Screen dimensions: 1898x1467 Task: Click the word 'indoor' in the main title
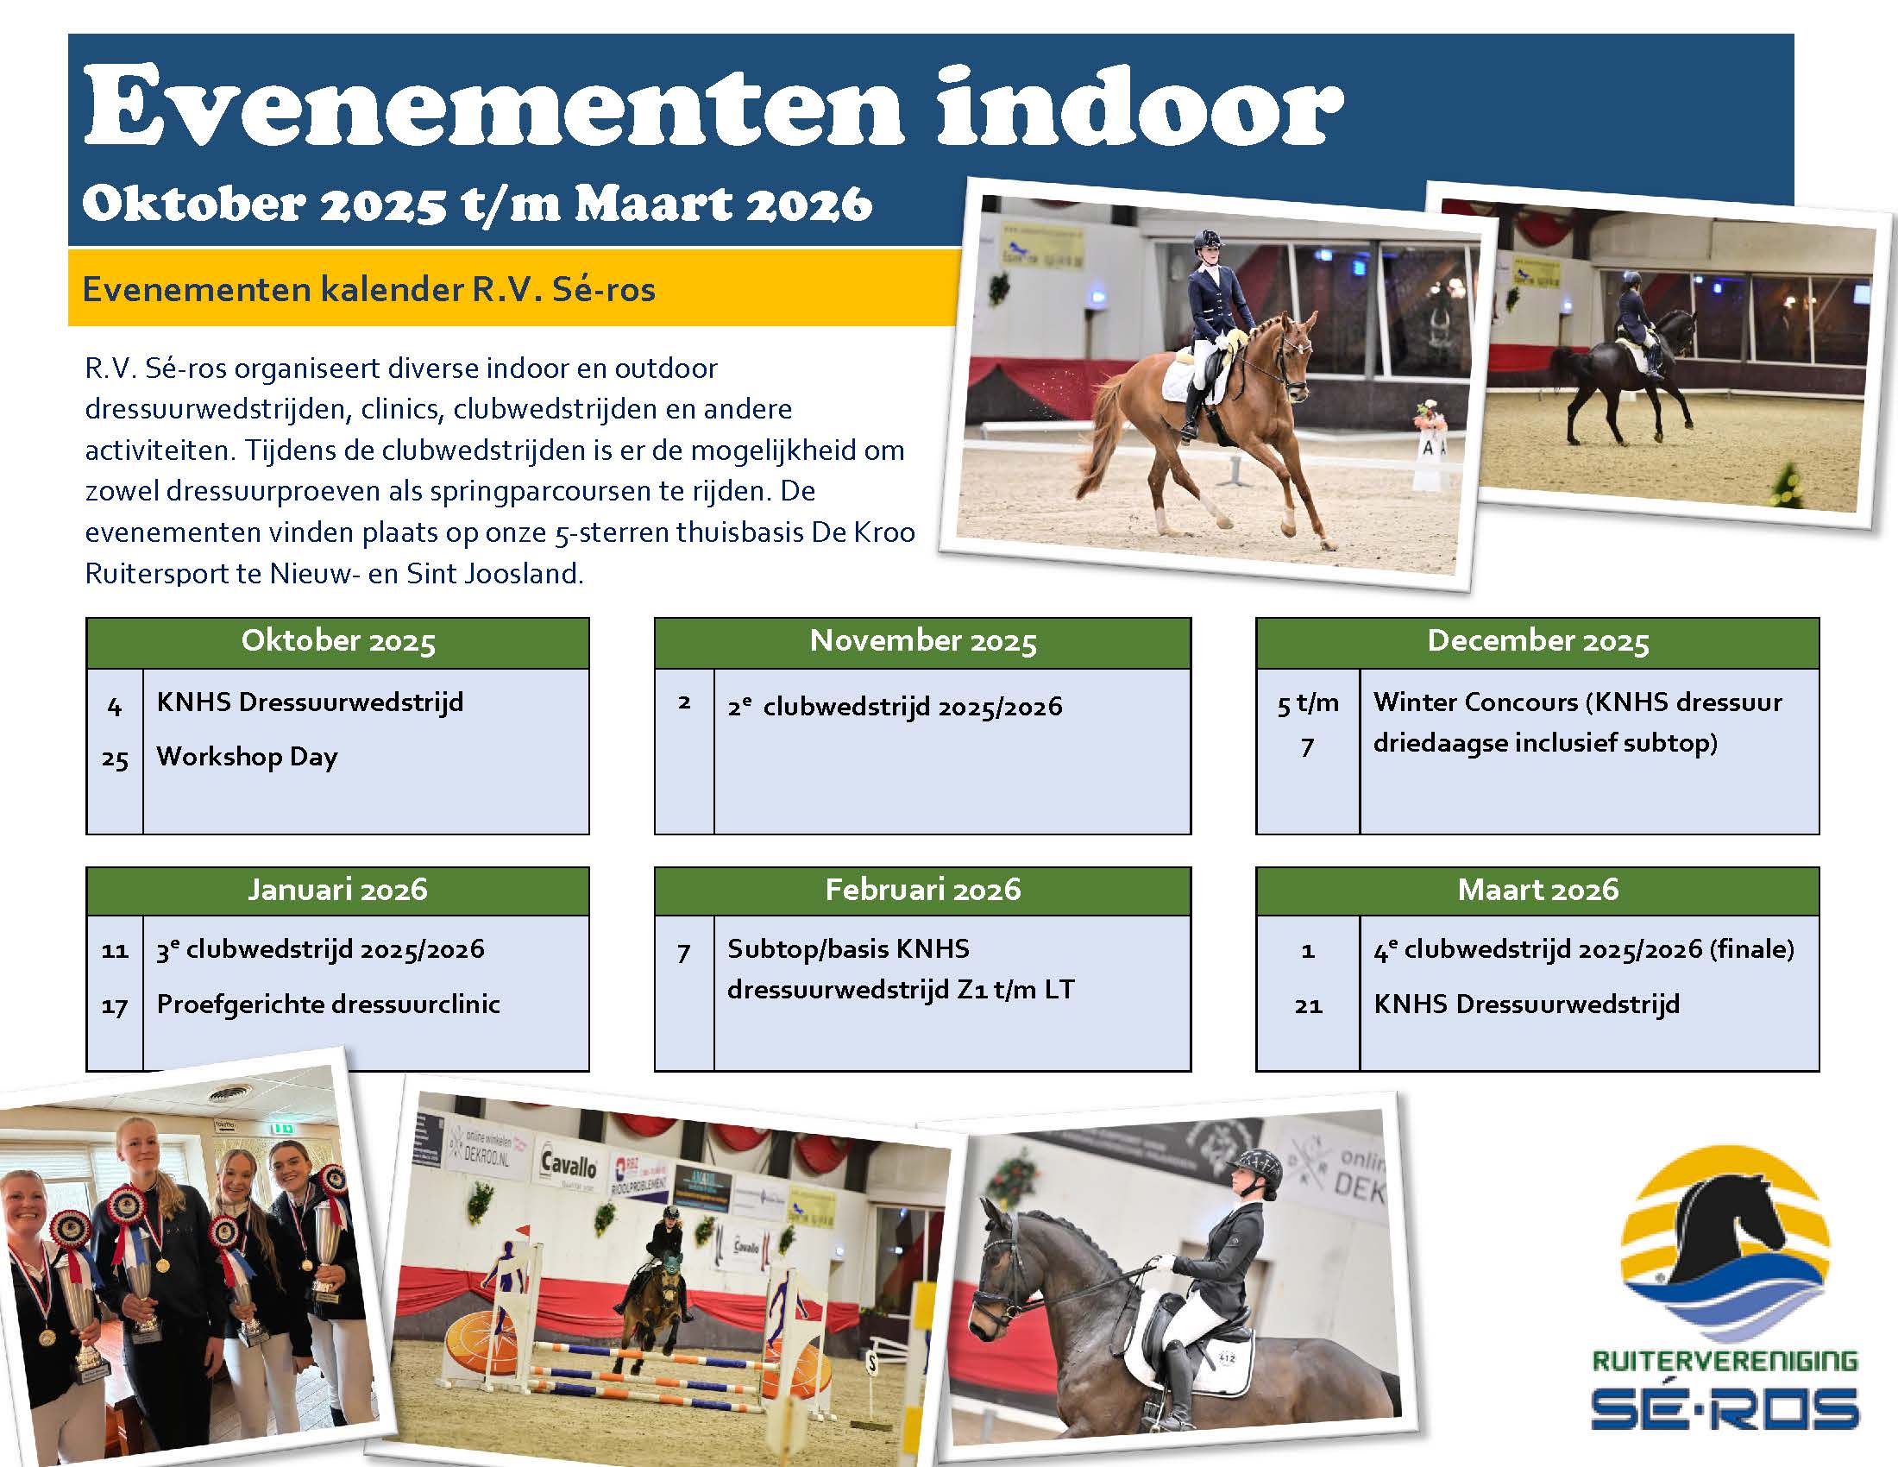point(1140,106)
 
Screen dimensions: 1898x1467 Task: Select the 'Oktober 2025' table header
point(338,641)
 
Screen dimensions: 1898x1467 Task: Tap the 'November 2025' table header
point(923,641)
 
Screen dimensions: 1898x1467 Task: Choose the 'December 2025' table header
point(1537,641)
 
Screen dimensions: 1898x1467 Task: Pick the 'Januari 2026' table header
point(338,890)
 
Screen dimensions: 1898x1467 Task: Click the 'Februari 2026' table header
point(923,890)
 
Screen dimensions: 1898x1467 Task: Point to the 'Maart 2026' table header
point(1537,890)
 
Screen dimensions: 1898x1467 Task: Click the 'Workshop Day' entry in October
point(247,757)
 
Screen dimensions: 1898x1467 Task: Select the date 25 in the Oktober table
point(115,759)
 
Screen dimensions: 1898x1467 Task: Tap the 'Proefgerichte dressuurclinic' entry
point(329,1004)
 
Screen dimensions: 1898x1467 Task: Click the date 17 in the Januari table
point(115,1007)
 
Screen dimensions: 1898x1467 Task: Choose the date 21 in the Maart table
point(1308,1006)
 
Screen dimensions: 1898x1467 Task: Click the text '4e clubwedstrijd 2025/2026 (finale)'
point(1584,950)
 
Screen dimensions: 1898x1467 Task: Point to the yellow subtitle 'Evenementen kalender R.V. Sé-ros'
point(368,289)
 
